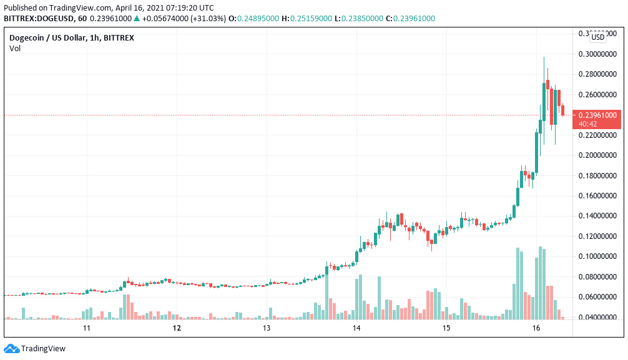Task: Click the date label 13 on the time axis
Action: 266,328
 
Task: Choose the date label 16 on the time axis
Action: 536,328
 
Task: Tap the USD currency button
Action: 597,37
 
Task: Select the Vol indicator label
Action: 14,49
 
